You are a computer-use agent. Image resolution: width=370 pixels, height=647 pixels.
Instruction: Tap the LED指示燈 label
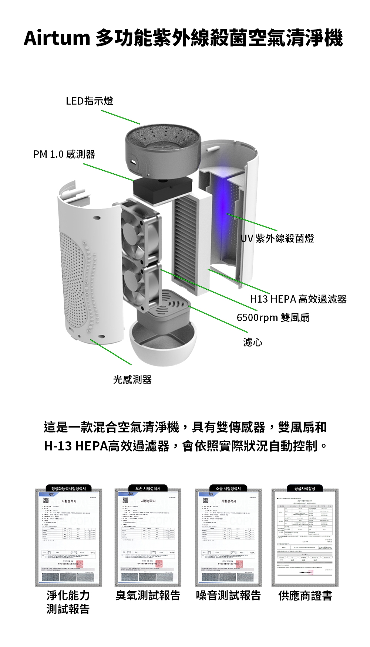tap(89, 101)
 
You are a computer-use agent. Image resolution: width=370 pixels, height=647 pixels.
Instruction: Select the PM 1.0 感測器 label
tap(64, 154)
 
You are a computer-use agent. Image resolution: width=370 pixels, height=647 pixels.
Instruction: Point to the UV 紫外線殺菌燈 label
tap(277, 238)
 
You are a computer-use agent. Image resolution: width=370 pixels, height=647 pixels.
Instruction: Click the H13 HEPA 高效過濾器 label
tap(298, 299)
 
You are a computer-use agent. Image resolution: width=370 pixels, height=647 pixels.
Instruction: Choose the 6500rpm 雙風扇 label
tap(273, 317)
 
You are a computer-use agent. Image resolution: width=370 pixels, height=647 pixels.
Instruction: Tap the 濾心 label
tap(253, 342)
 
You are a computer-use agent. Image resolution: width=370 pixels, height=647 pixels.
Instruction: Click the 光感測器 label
tap(132, 379)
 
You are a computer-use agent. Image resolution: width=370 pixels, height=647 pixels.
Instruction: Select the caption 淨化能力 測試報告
tap(68, 602)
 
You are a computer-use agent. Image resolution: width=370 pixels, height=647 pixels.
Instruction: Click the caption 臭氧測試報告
tap(148, 595)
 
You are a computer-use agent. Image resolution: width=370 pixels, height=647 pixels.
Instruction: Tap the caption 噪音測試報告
tap(228, 595)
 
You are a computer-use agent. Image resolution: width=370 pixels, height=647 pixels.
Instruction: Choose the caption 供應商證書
tap(305, 596)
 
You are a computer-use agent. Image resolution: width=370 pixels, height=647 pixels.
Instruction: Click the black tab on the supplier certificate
tap(305, 488)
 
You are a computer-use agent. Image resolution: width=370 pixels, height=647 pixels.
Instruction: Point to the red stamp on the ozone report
tap(159, 564)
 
